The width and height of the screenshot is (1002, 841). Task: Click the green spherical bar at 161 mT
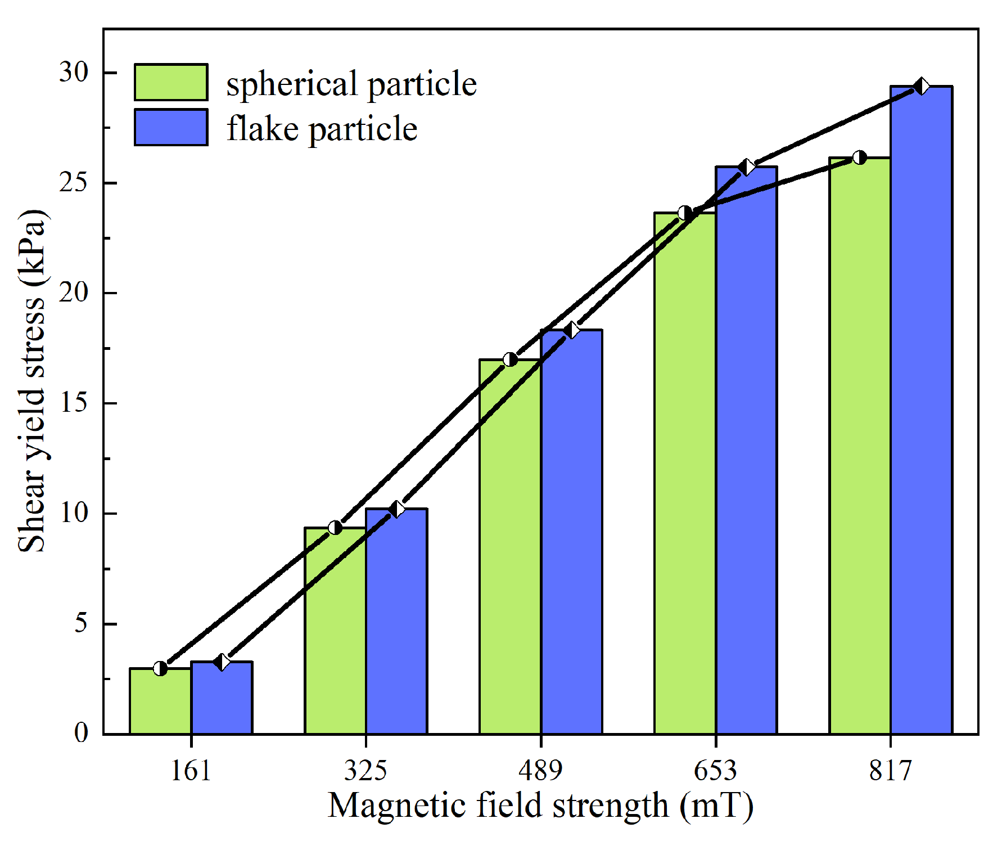160,703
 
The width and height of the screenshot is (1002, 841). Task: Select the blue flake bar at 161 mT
222,700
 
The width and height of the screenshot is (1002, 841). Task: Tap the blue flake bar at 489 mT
572,534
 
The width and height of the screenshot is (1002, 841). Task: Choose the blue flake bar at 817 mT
922,411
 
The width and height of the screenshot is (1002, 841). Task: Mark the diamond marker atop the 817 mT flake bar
922,87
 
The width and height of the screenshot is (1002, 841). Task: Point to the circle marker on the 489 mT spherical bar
510,359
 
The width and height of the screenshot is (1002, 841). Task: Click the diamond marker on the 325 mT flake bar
397,509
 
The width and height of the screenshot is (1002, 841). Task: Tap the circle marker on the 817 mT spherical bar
860,158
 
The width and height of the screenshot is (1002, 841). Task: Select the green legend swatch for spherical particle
171,83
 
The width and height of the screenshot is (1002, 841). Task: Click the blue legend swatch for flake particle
171,128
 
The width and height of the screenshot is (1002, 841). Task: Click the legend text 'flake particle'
322,129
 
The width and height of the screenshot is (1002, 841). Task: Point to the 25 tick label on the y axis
74,183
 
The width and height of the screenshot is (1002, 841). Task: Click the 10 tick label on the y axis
74,513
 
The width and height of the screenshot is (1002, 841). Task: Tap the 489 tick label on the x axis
540,770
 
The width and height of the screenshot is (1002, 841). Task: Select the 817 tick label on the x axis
890,770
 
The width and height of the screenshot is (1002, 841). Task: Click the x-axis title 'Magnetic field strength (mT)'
540,806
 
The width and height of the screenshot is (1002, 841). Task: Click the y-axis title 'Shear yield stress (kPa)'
32,381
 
